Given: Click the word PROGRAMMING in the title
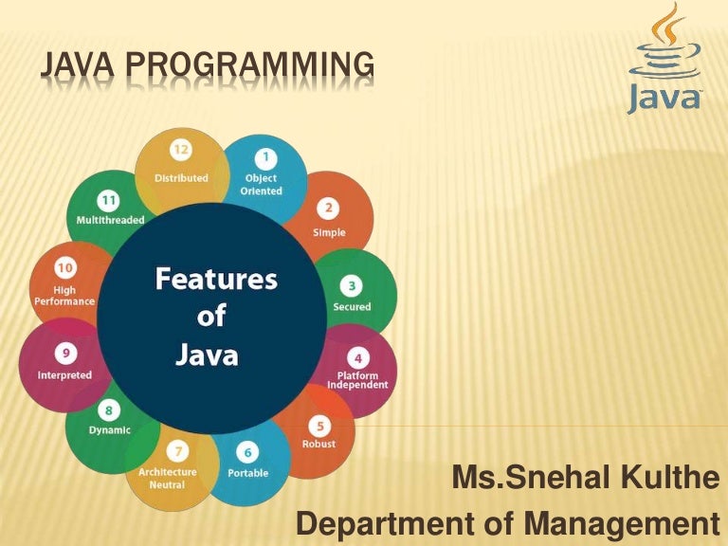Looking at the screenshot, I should [x=250, y=64].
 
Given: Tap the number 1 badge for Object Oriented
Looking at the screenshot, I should [x=265, y=156].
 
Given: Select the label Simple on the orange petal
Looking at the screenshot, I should [x=329, y=232].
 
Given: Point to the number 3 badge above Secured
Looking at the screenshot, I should [x=352, y=285].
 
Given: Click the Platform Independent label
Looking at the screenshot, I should [x=357, y=380].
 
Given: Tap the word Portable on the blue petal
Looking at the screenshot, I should [x=247, y=472].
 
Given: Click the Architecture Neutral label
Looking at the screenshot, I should [x=168, y=477].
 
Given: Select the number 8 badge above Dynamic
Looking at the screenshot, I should [x=109, y=410].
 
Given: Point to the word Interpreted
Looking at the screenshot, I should [x=64, y=374].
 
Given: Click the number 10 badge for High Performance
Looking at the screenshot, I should [x=64, y=269].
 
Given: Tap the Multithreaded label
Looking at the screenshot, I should [x=110, y=220].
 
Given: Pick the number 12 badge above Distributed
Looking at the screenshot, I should [x=181, y=150].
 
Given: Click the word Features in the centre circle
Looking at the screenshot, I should [x=215, y=280].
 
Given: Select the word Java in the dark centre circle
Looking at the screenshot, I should [x=206, y=356].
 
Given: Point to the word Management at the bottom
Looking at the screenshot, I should [x=630, y=523].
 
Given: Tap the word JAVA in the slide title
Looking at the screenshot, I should [x=81, y=64].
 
